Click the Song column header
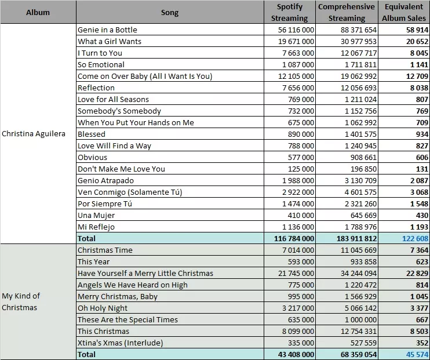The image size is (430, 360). (x=170, y=13)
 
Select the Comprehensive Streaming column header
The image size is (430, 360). (x=347, y=12)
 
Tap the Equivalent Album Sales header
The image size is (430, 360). (x=404, y=12)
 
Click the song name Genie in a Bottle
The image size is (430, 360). (x=107, y=30)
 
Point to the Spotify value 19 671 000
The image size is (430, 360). (x=296, y=41)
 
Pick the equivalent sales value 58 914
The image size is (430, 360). (x=417, y=30)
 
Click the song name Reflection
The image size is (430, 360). (x=96, y=88)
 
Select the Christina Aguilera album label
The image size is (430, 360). (x=34, y=134)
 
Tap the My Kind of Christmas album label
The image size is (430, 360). (x=21, y=301)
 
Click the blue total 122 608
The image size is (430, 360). (x=415, y=238)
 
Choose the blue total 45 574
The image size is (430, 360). (x=417, y=354)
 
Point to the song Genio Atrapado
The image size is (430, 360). (x=105, y=180)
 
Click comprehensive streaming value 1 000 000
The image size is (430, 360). (x=360, y=319)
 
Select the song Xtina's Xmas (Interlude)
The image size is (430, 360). (x=120, y=343)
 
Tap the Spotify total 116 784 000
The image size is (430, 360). (x=294, y=238)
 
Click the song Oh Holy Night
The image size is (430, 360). (x=103, y=308)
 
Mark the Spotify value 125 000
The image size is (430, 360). (x=301, y=169)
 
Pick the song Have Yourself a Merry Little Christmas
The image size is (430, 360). (x=145, y=273)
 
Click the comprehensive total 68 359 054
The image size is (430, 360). (x=359, y=354)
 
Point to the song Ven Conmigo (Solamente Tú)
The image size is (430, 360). (x=130, y=192)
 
